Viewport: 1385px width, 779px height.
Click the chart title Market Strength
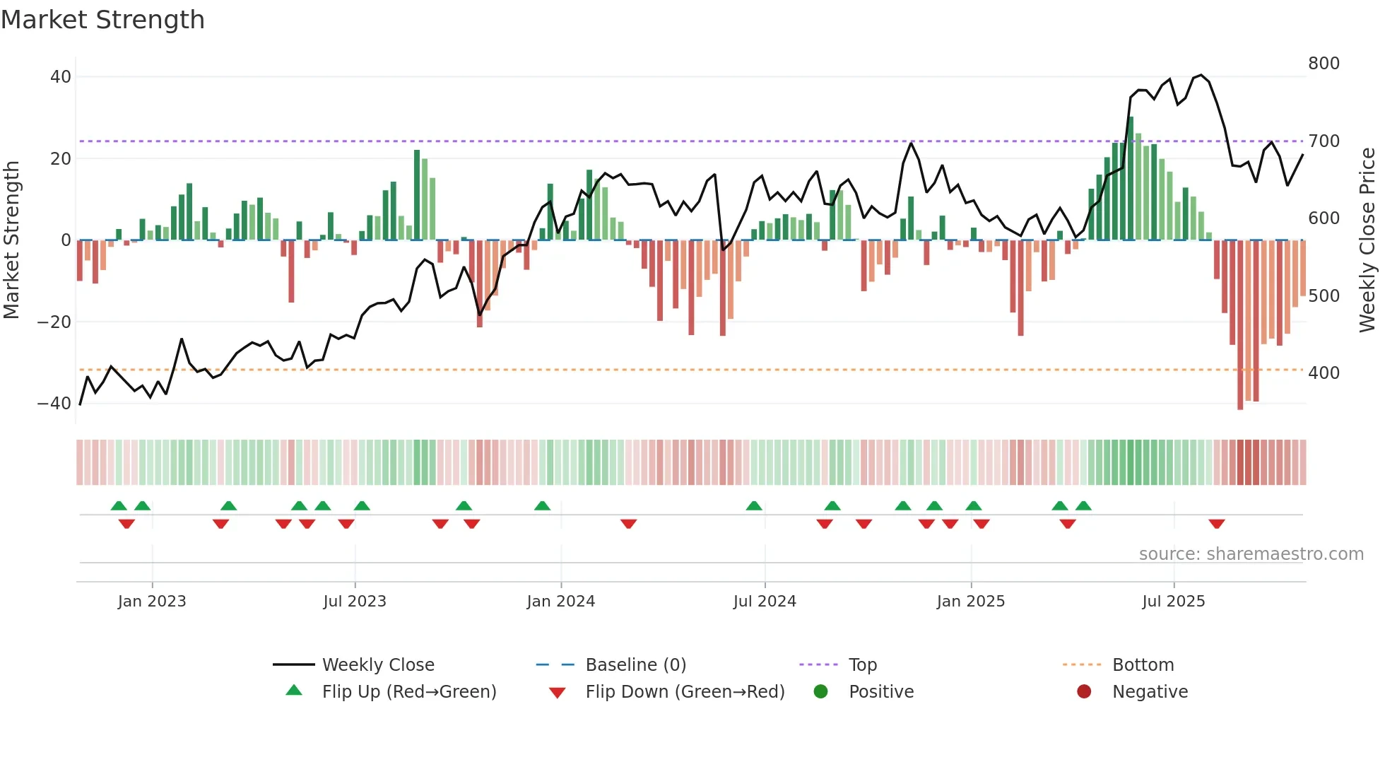pos(102,20)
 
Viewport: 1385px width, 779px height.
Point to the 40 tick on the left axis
pos(61,76)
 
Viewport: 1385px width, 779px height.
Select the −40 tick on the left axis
pos(54,404)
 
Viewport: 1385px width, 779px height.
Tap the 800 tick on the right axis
pos(1324,64)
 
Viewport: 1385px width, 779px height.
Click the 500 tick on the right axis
pos(1324,295)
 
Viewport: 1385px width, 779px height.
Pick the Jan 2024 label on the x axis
pos(560,602)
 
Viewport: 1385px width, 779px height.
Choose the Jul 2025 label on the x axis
pos(1173,602)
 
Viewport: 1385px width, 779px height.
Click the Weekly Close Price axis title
pos(1367,240)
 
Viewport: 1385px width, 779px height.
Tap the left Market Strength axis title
pos(12,240)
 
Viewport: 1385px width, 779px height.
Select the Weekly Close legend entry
pos(377,665)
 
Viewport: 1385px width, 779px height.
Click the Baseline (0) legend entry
pos(635,665)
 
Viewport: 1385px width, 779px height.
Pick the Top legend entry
pos(862,665)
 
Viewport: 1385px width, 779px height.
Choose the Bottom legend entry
pos(1143,665)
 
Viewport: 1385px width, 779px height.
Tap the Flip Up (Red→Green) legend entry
pos(408,692)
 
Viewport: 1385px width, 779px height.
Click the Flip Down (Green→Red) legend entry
pos(684,692)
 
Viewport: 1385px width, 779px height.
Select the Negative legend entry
pos(1150,692)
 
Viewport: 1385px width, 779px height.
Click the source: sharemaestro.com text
pos(1251,554)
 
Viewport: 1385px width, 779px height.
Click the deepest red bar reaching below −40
pos(1240,325)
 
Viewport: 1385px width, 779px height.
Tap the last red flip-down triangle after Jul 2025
pos(1216,524)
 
